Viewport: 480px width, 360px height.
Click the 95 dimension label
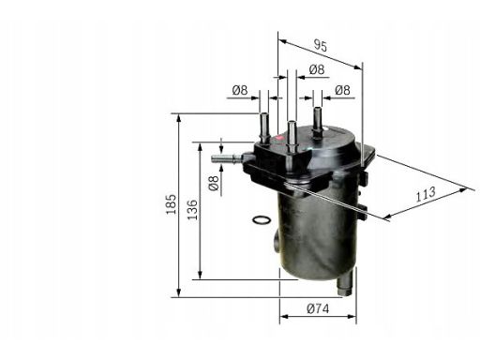click(321, 46)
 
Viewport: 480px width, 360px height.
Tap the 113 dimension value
click(426, 194)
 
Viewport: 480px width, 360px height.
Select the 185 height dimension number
click(171, 204)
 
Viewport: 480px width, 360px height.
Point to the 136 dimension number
click(193, 210)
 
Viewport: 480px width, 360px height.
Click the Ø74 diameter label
click(318, 308)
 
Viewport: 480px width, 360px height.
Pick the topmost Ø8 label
click(317, 69)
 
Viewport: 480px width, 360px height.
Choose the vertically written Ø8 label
click(214, 183)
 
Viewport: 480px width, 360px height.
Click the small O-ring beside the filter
click(262, 220)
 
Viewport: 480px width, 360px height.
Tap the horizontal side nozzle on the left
click(227, 158)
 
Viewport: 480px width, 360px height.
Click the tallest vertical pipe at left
click(264, 127)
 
